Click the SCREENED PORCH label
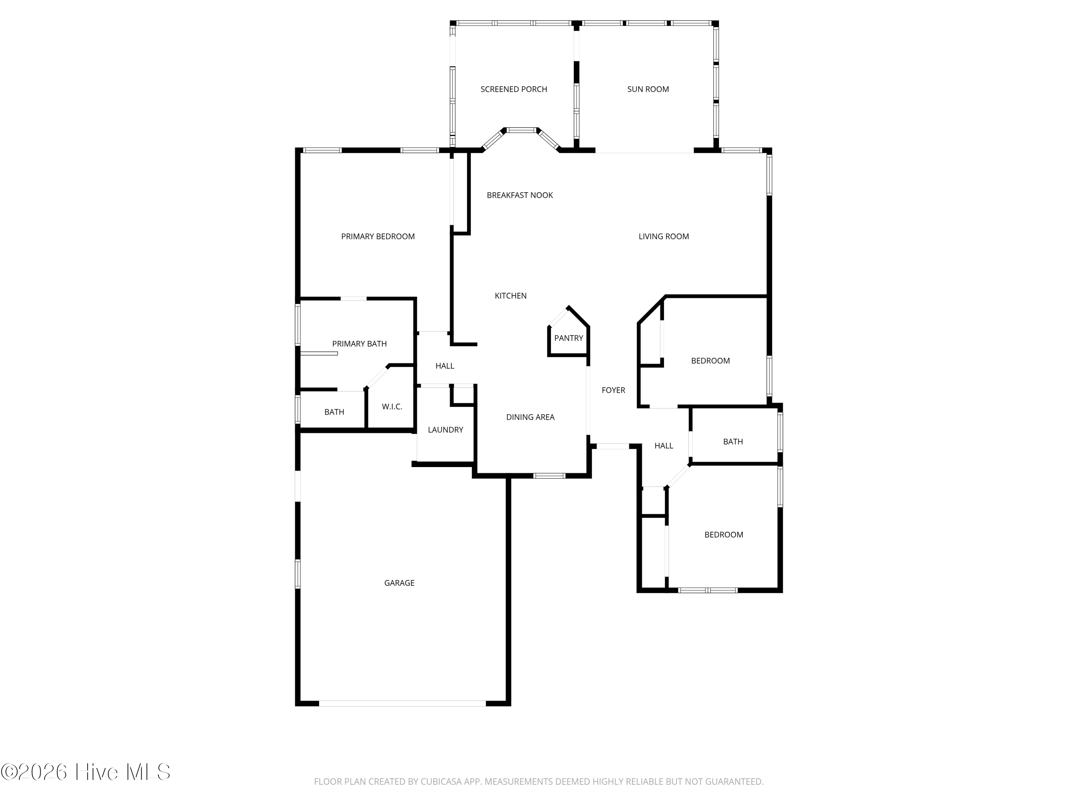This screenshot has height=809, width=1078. [x=513, y=89]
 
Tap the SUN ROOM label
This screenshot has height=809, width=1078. [x=648, y=89]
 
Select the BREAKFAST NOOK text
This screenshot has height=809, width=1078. [x=520, y=195]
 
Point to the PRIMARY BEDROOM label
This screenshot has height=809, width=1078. [x=378, y=237]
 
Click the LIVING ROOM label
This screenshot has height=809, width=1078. [x=664, y=237]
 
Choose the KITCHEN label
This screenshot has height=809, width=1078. [x=511, y=296]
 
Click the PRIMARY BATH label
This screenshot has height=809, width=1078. [x=359, y=344]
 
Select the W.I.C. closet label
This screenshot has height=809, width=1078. [x=392, y=407]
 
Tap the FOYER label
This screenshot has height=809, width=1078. [x=613, y=390]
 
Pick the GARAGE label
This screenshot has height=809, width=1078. [x=399, y=583]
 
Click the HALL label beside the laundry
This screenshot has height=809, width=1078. [x=444, y=366]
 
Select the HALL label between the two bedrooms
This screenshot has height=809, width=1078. [x=664, y=446]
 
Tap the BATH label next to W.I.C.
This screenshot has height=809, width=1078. [x=334, y=412]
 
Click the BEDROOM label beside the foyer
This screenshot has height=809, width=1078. [x=710, y=361]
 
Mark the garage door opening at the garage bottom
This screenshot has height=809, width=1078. [x=402, y=703]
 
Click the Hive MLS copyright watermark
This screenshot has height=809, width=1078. [x=86, y=772]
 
